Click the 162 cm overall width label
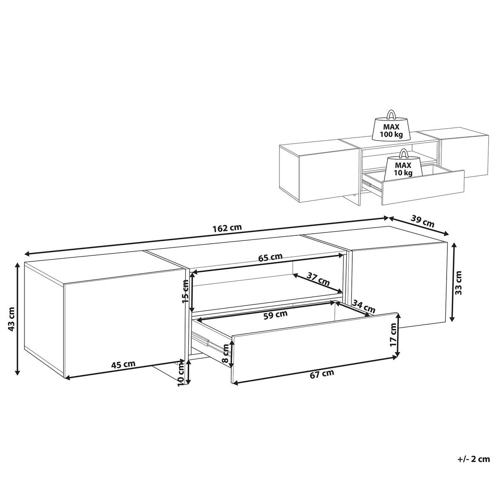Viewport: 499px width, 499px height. [x=227, y=228]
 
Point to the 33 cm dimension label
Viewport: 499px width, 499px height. [x=458, y=283]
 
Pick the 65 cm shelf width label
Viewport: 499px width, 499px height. [x=271, y=257]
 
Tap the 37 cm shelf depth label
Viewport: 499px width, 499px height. [x=319, y=279]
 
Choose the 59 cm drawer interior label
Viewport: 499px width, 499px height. [x=276, y=314]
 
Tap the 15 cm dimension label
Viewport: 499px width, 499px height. [x=185, y=290]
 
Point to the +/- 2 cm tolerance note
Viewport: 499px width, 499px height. [x=473, y=459]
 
